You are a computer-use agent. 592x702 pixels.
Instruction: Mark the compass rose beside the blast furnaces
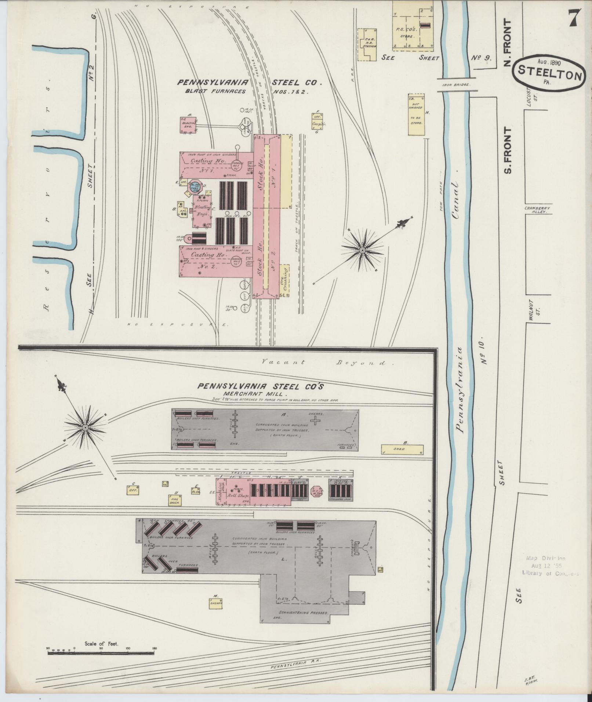tap(362, 250)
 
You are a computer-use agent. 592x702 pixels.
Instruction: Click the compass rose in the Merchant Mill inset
tap(85, 428)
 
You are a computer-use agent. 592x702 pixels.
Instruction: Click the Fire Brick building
tap(174, 500)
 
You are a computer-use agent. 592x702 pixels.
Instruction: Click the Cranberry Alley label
tap(536, 210)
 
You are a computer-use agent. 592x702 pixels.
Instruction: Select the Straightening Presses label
tap(304, 612)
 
